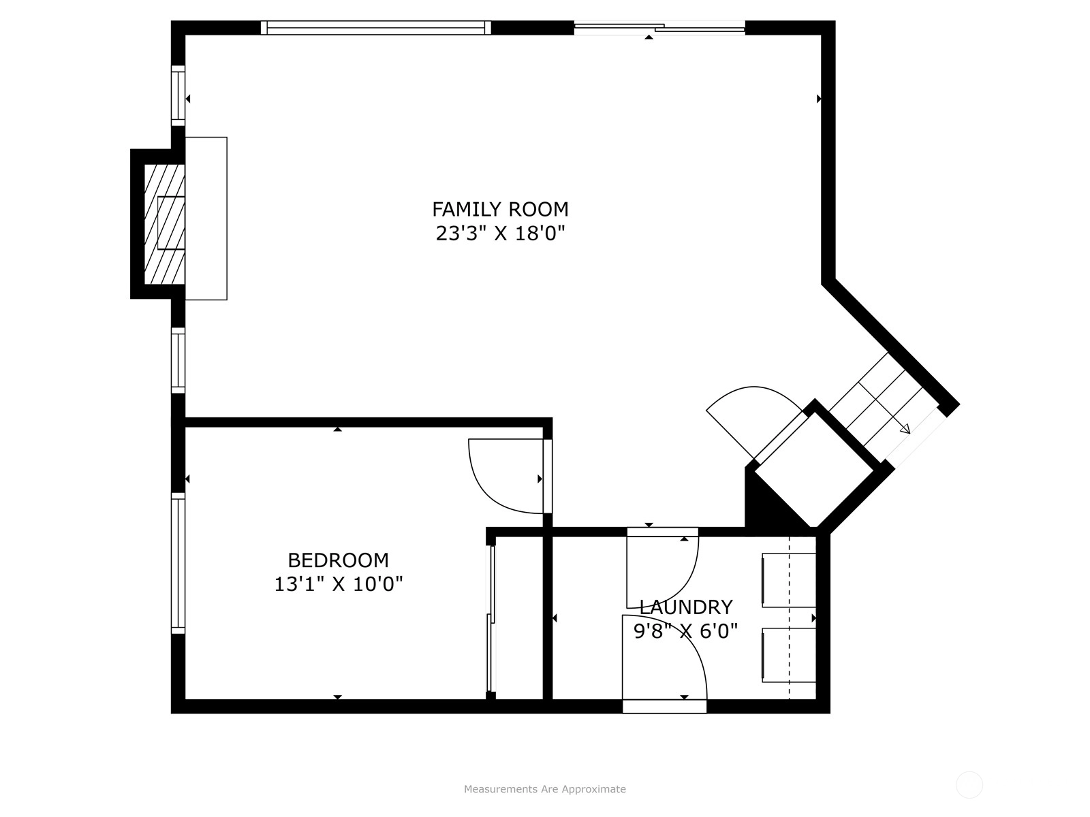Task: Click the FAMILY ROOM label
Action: [x=500, y=209]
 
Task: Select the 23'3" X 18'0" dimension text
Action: [x=501, y=233]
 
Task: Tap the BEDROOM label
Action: [x=338, y=560]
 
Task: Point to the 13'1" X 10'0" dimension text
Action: [x=338, y=584]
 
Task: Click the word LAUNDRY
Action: [x=686, y=607]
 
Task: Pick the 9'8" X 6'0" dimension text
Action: [x=686, y=631]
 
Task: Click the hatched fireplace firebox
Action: [x=164, y=224]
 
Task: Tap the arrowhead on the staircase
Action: [x=905, y=429]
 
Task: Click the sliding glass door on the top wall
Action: [x=659, y=28]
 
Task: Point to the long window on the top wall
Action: [x=376, y=28]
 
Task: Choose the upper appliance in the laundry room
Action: [x=789, y=580]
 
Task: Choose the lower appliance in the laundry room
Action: [x=789, y=655]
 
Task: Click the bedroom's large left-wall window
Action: [x=178, y=564]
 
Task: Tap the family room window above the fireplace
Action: [x=178, y=96]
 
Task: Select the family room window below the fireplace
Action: [x=178, y=360]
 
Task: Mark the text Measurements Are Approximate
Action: [x=545, y=788]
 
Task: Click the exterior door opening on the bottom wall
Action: [x=664, y=707]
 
